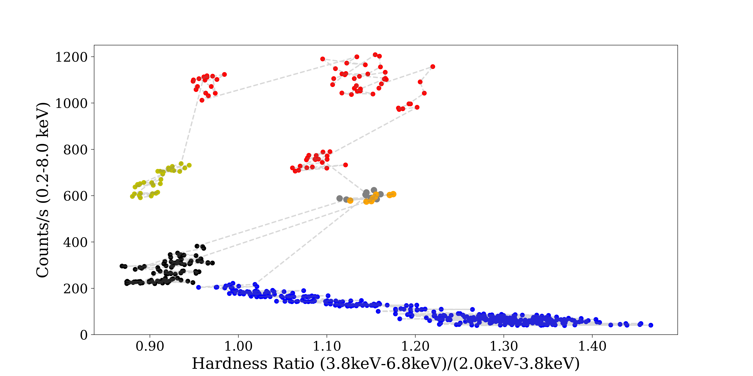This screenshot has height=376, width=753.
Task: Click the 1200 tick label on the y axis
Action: pyautogui.click(x=71, y=57)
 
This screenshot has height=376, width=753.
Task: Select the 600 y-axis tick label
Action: pyautogui.click(x=75, y=196)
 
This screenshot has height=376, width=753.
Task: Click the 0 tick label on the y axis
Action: pyautogui.click(x=84, y=335)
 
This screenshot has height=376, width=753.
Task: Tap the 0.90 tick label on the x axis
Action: pyautogui.click(x=150, y=347)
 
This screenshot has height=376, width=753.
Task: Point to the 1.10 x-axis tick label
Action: pyautogui.click(x=327, y=347)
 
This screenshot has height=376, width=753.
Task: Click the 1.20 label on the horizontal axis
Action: pyautogui.click(x=415, y=347)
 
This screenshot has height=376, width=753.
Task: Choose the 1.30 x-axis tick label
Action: pyautogui.click(x=504, y=347)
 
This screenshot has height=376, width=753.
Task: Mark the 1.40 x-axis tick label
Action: pyautogui.click(x=592, y=347)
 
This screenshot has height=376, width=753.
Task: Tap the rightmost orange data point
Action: pyautogui.click(x=393, y=194)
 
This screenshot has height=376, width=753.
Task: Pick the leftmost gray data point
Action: pyautogui.click(x=339, y=198)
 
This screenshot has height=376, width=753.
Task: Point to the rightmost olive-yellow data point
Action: pyautogui.click(x=189, y=165)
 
